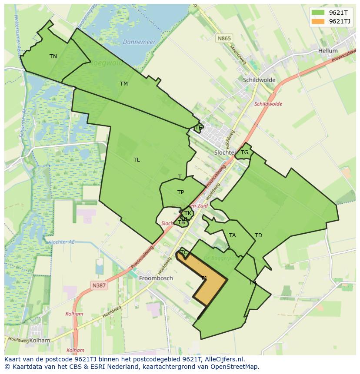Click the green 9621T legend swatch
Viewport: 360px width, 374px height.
coord(318,13)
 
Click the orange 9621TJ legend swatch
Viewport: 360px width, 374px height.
coord(318,22)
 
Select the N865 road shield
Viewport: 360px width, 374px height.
coord(224,39)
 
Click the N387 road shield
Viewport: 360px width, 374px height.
coord(99,285)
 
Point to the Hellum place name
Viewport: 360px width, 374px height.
coord(328,51)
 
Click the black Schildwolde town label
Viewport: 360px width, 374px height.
coord(259,80)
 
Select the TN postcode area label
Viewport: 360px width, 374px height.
coord(53,56)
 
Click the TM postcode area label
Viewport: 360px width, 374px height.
coord(124,84)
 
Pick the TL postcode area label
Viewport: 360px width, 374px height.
coord(137,160)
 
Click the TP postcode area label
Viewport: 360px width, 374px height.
coord(180,192)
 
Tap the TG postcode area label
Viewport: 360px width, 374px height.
coord(245,152)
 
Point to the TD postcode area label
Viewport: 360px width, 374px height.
coord(258,235)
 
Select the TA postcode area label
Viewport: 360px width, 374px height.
coord(233,235)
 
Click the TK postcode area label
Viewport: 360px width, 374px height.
coord(188,213)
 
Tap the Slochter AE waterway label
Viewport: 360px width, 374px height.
coord(62,242)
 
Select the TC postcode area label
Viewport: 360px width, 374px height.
coord(184,252)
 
